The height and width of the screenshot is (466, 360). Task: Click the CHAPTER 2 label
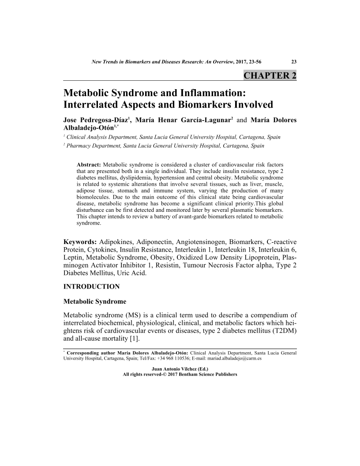[270, 75]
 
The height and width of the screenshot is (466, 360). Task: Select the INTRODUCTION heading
[92, 287]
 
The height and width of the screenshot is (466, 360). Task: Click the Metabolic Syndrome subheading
[95, 302]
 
